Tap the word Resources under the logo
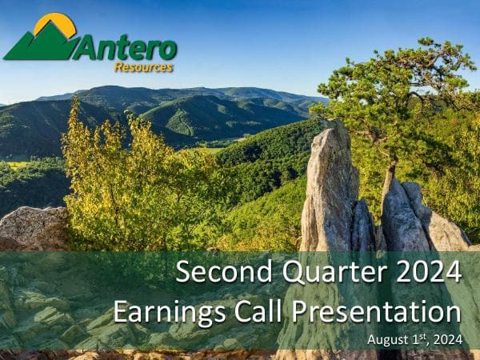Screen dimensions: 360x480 (x=143, y=68)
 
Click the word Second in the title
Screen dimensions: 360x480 (x=213, y=271)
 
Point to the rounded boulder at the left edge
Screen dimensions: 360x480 (x=32, y=228)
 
